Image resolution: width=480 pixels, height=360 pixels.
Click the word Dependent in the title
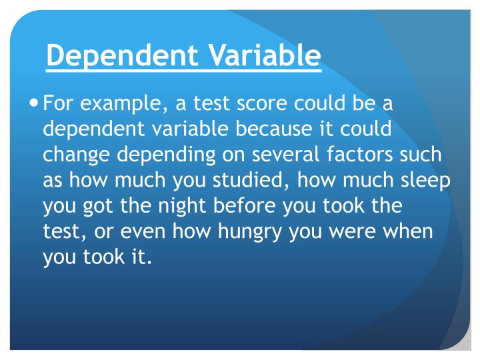point(109,56)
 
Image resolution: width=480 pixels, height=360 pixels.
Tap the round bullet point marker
point(35,103)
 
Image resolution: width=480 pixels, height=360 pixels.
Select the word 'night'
point(187,206)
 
